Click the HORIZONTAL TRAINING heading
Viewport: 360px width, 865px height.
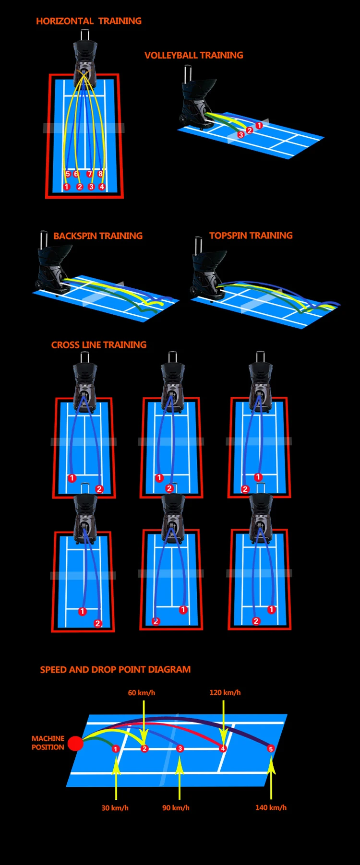pos(89,21)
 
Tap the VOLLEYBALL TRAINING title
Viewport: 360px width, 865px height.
pos(194,55)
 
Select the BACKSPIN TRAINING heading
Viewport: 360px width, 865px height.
pos(98,236)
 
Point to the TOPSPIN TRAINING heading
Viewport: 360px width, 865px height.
pos(251,235)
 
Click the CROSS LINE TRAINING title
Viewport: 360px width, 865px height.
pos(99,344)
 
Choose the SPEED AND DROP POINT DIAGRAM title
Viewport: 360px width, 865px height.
pos(115,669)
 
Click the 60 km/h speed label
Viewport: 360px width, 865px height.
pos(142,692)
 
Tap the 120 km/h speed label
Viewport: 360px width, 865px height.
pos(225,692)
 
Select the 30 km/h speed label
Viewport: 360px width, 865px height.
pos(115,807)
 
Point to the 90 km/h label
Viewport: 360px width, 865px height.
pos(176,807)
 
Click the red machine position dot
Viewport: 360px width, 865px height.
pos(75,743)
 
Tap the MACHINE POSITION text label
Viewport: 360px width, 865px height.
pos(48,743)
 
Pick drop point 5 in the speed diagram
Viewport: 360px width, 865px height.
pos(271,748)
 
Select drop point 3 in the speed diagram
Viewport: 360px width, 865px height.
pos(180,748)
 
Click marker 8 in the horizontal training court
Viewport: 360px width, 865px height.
pos(100,174)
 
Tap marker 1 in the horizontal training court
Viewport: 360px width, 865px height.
pos(67,187)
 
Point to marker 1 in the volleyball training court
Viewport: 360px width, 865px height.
pos(259,126)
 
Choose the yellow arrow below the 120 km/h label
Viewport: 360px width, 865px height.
pos(224,720)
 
